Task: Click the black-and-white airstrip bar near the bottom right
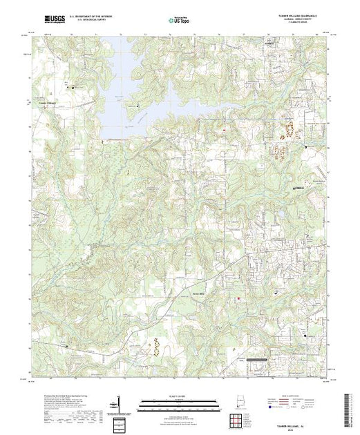(x=265, y=359)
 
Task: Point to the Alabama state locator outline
(x=237, y=402)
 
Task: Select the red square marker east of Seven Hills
(x=240, y=298)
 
